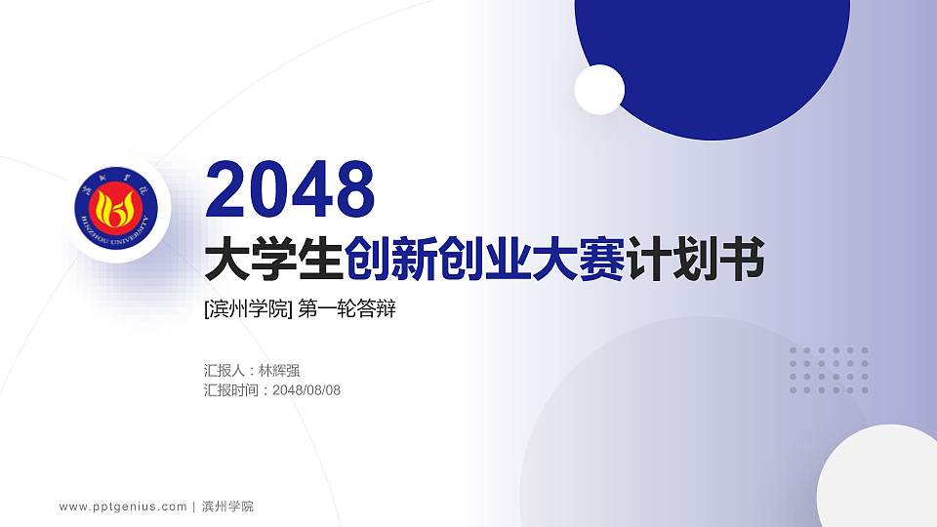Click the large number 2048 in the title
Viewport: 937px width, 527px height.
291,190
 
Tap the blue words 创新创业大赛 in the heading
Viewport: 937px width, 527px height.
485,261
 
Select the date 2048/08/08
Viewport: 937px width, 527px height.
306,390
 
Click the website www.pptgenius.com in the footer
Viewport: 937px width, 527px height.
123,507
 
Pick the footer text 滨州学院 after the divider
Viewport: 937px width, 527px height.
227,507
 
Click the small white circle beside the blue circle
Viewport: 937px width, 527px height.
599,90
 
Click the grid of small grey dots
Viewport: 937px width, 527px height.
829,370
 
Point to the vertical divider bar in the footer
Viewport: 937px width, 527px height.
194,507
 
